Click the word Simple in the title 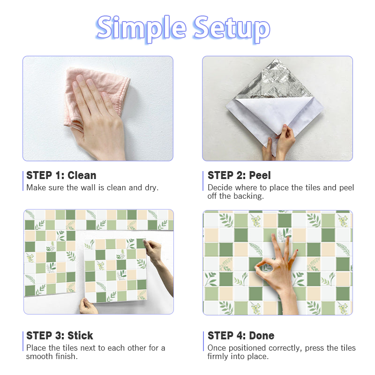point(142,29)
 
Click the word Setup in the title point(232,29)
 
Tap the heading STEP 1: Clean point(61,175)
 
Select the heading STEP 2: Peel point(239,175)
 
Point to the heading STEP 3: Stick point(60,336)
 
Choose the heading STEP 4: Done point(241,336)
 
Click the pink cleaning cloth point(96,96)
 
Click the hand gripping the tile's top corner point(158,258)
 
